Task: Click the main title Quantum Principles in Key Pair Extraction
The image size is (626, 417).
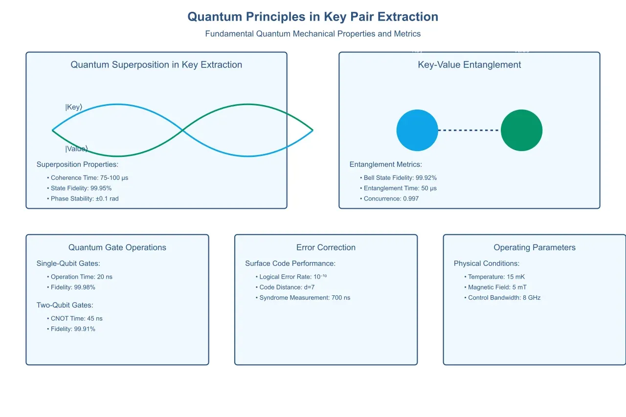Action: (313, 17)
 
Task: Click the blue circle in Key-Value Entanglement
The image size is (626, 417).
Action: (417, 130)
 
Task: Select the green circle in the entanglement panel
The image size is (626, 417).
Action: (521, 130)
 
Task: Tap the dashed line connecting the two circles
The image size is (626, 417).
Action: (469, 130)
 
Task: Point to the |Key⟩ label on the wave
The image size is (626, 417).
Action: (74, 107)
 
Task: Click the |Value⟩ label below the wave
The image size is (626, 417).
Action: (76, 149)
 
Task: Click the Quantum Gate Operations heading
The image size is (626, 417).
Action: (117, 247)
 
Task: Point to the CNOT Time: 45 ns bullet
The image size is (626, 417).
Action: (76, 319)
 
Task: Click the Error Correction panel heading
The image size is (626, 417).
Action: (326, 247)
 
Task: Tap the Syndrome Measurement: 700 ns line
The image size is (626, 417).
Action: (304, 298)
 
